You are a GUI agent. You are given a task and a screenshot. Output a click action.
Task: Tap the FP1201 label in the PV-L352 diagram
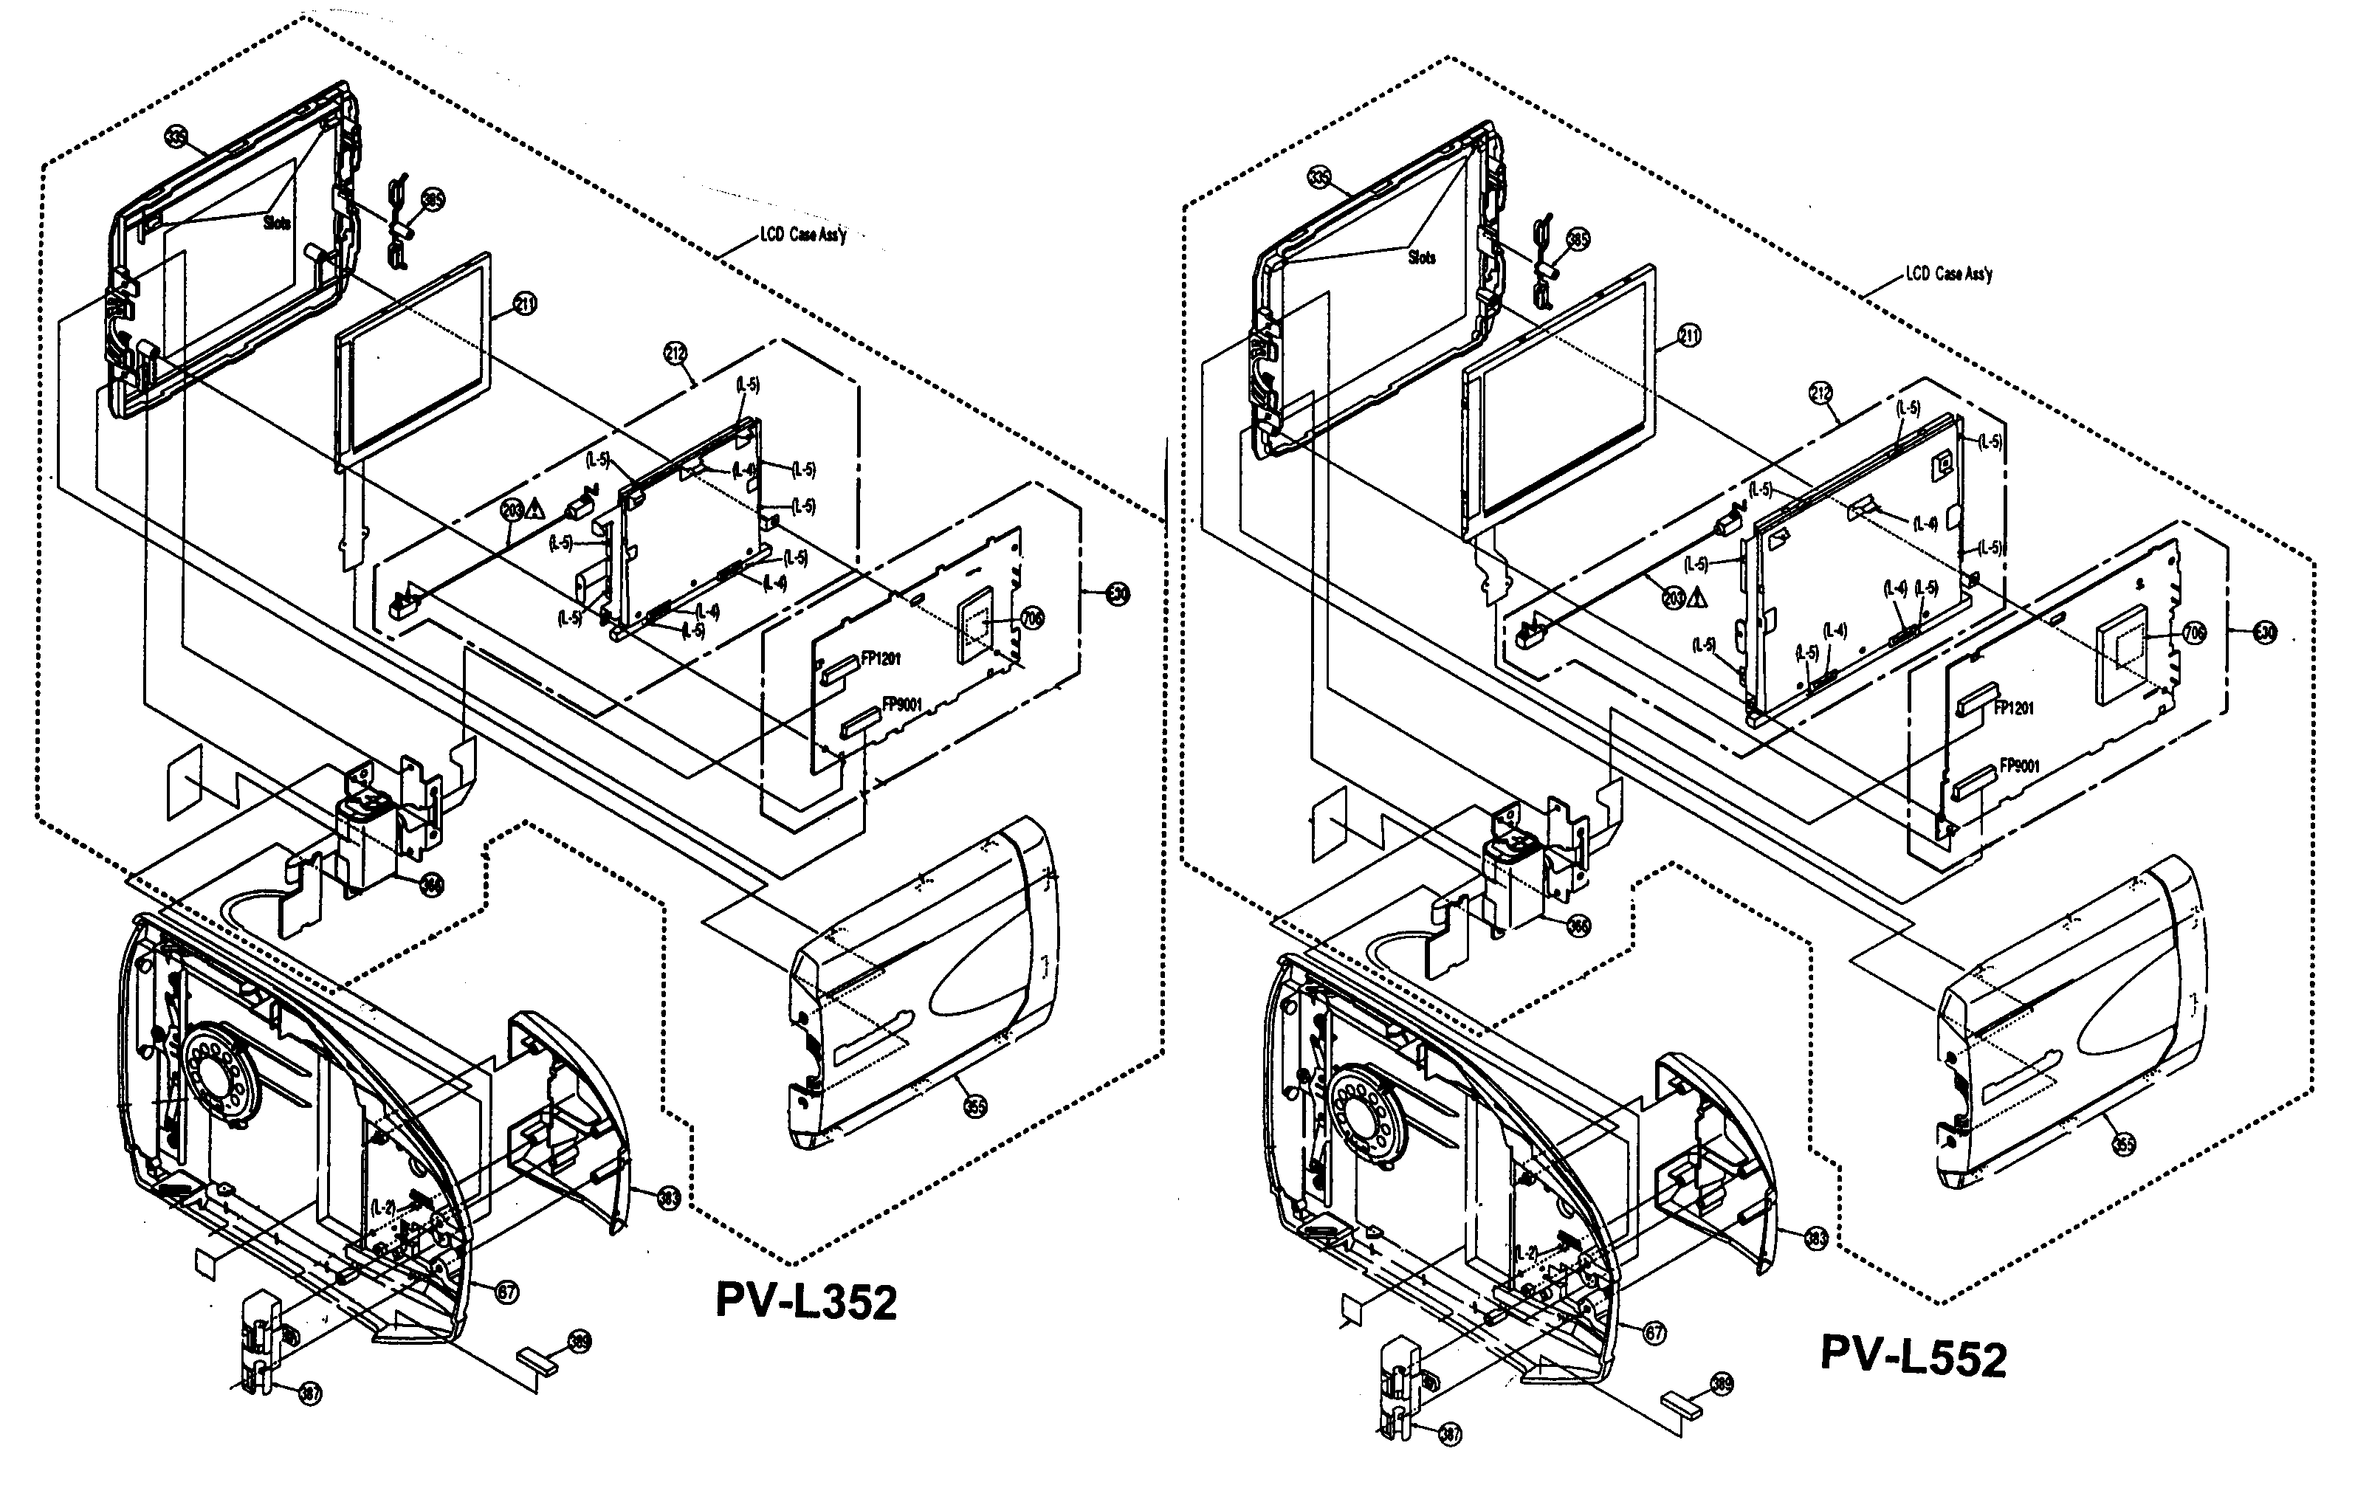tap(880, 659)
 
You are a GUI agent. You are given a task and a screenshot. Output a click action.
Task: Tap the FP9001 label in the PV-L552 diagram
tap(2009, 767)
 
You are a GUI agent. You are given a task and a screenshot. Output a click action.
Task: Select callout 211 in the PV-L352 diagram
tap(526, 305)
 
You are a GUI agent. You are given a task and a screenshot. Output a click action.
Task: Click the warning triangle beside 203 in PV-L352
tap(535, 508)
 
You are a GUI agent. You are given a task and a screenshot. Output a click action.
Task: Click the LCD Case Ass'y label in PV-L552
tap(1949, 274)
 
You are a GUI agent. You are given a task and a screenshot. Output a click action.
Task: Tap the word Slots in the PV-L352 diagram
tap(277, 223)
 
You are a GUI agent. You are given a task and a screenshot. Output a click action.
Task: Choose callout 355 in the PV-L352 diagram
tap(974, 1106)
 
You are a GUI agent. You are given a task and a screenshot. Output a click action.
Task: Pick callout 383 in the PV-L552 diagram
tap(1816, 1238)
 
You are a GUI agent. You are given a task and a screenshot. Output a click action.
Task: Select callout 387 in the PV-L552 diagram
tap(1450, 1434)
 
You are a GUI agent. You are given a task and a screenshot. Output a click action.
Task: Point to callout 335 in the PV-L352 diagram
tap(176, 137)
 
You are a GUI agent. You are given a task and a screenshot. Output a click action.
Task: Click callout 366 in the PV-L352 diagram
tap(431, 885)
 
